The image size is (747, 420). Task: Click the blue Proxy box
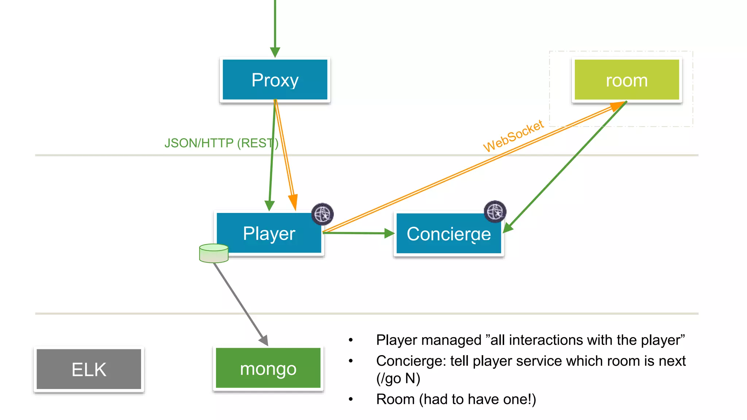click(x=275, y=79)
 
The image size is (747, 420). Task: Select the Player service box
click(x=269, y=233)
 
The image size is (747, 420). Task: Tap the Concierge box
click(x=448, y=234)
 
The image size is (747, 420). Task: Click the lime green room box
click(x=626, y=80)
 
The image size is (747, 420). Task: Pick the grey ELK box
click(x=89, y=369)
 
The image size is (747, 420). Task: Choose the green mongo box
click(x=268, y=368)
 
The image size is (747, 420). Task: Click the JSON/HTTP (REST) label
click(x=221, y=143)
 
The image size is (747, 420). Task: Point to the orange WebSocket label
click(x=513, y=136)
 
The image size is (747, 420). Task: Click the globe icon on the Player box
click(x=322, y=214)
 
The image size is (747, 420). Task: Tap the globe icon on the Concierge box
click(x=495, y=211)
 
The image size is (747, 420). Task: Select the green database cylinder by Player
click(x=214, y=253)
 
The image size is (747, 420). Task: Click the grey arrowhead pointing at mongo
click(x=264, y=340)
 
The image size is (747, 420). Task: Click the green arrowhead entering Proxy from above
click(x=275, y=52)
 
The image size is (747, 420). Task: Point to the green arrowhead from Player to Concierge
click(x=389, y=233)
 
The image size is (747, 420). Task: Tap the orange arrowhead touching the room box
click(x=617, y=106)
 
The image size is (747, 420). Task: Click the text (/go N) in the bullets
click(x=398, y=378)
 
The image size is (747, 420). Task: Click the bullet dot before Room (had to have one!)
click(x=351, y=399)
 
